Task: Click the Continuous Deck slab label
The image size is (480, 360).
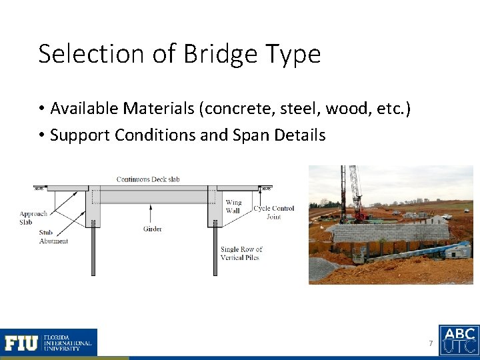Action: pyautogui.click(x=148, y=179)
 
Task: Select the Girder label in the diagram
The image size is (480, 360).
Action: pyautogui.click(x=152, y=229)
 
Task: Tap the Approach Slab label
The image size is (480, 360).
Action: pyautogui.click(x=34, y=218)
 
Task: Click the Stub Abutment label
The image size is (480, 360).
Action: pyautogui.click(x=53, y=237)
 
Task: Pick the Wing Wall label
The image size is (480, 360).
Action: pyautogui.click(x=233, y=206)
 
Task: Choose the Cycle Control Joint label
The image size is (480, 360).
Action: pyautogui.click(x=273, y=212)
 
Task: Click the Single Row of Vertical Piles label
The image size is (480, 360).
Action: pyautogui.click(x=241, y=253)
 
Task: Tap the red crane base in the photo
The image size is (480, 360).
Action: pyautogui.click(x=360, y=215)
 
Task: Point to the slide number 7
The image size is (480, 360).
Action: pyautogui.click(x=431, y=343)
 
